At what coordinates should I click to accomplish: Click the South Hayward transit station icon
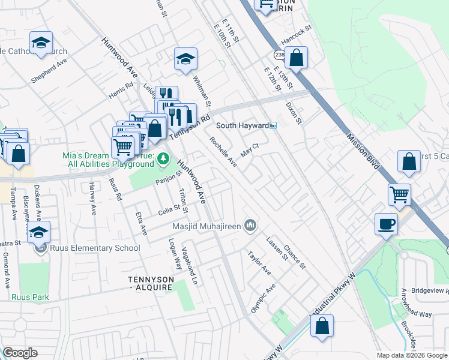[273, 125]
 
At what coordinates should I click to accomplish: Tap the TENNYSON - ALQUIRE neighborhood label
[150, 283]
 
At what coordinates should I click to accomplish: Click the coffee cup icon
[387, 224]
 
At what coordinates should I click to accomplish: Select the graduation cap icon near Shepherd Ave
[41, 43]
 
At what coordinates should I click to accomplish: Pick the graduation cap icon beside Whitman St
[185, 59]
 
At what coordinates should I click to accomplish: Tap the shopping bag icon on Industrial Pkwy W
[322, 326]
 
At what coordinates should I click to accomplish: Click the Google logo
[20, 353]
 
